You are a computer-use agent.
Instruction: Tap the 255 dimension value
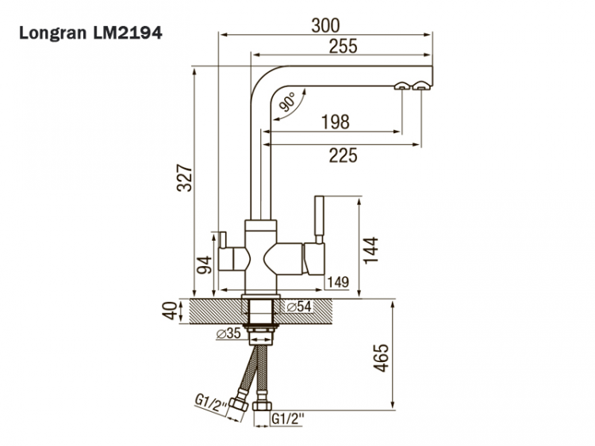pyautogui.click(x=342, y=47)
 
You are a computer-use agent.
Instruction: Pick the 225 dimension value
pyautogui.click(x=342, y=155)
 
